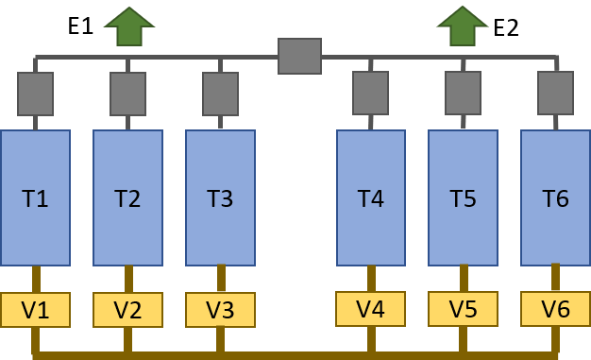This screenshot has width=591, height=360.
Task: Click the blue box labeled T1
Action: pyautogui.click(x=35, y=198)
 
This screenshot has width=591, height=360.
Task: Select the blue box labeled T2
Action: pyautogui.click(x=127, y=198)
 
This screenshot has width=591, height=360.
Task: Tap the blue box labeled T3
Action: pyautogui.click(x=220, y=198)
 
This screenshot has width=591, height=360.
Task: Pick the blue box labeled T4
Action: pyautogui.click(x=371, y=198)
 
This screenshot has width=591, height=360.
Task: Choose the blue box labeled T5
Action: pyautogui.click(x=463, y=198)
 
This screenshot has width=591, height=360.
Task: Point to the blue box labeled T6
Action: pyautogui.click(x=555, y=198)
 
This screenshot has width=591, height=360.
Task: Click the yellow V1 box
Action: pyautogui.click(x=35, y=309)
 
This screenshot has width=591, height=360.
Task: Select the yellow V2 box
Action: pyautogui.click(x=127, y=309)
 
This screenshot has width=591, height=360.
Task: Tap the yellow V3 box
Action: pyautogui.click(x=220, y=309)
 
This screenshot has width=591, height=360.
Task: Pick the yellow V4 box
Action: pyautogui.click(x=371, y=308)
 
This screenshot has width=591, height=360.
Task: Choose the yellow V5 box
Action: pyautogui.click(x=463, y=308)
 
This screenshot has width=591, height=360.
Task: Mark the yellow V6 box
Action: pyautogui.click(x=555, y=308)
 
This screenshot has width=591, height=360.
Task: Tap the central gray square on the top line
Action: pyautogui.click(x=299, y=56)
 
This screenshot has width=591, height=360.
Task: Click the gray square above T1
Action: pyautogui.click(x=35, y=94)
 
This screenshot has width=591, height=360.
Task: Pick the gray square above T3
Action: pyautogui.click(x=220, y=94)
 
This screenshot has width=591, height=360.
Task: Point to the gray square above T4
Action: pyautogui.click(x=371, y=93)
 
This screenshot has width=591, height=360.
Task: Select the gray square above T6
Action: pyautogui.click(x=555, y=93)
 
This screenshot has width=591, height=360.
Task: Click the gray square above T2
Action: pyautogui.click(x=127, y=94)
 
